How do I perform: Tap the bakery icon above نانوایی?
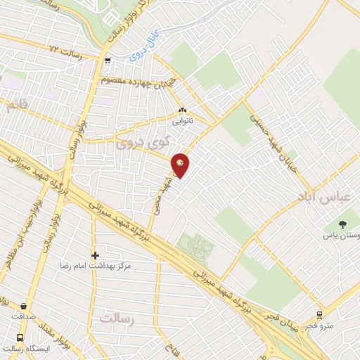[183, 110]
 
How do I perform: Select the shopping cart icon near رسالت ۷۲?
[108, 60]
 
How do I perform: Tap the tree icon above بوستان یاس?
[342, 225]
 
